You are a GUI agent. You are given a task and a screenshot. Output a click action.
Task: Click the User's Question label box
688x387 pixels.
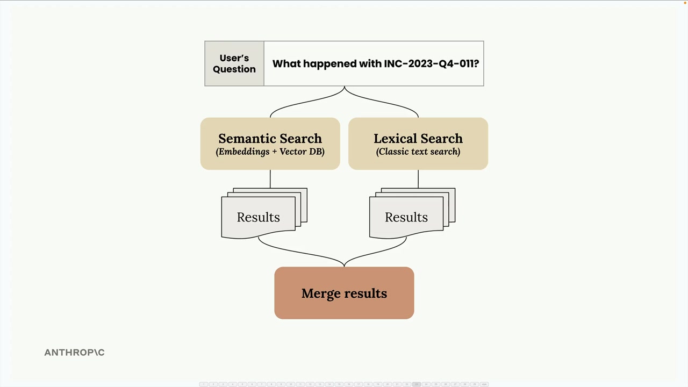pos(234,63)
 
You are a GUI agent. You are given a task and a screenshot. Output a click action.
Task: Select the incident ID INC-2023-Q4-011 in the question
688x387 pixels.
pos(431,63)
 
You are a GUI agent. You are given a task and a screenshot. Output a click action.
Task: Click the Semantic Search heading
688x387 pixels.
pos(270,139)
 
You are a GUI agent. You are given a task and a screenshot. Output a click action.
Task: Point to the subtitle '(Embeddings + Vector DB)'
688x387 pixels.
pos(270,152)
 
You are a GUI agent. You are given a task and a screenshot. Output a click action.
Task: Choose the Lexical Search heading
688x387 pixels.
pos(418,139)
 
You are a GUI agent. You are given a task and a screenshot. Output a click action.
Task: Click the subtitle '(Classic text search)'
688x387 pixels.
pos(418,152)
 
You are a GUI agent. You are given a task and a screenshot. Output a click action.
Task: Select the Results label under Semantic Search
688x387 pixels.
pos(258,217)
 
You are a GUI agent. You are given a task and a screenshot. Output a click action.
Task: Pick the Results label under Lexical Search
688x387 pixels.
pos(406,217)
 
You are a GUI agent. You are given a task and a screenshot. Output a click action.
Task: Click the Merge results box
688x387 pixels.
pos(344,293)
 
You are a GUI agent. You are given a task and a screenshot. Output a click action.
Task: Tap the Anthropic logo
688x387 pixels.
pos(74,353)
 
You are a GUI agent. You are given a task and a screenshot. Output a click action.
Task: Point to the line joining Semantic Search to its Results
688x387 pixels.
pos(270,178)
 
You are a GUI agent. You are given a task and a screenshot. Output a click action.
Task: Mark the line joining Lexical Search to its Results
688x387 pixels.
pos(418,178)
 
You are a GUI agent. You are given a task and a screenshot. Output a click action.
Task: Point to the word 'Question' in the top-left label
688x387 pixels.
pos(234,69)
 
